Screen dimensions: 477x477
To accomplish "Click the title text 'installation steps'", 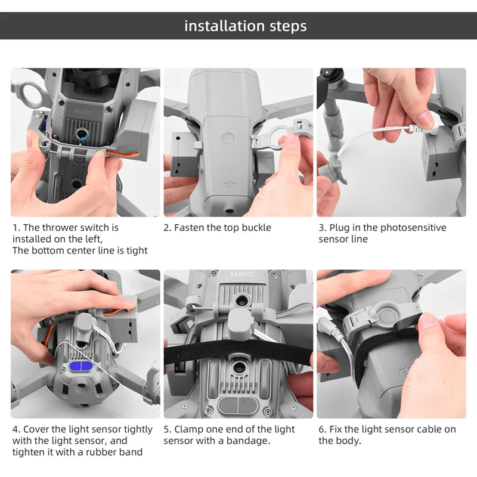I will tap(245, 26).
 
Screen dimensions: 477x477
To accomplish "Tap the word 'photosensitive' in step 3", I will tap(413, 228).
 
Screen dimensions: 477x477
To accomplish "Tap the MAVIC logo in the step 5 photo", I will tap(242, 274).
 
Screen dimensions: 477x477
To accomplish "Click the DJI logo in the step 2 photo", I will tap(229, 186).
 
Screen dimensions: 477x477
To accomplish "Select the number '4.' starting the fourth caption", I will tap(16, 429).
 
